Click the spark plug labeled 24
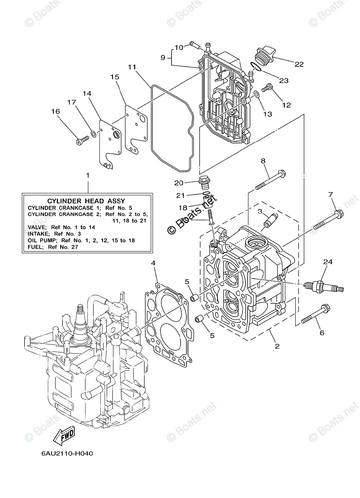click(x=324, y=286)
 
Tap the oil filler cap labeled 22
click(x=264, y=56)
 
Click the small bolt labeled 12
click(x=268, y=88)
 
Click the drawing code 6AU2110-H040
click(x=67, y=453)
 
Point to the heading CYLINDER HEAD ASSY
click(x=86, y=200)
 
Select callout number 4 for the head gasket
click(x=153, y=263)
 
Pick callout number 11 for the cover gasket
click(x=132, y=66)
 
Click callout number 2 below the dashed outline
click(x=277, y=346)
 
